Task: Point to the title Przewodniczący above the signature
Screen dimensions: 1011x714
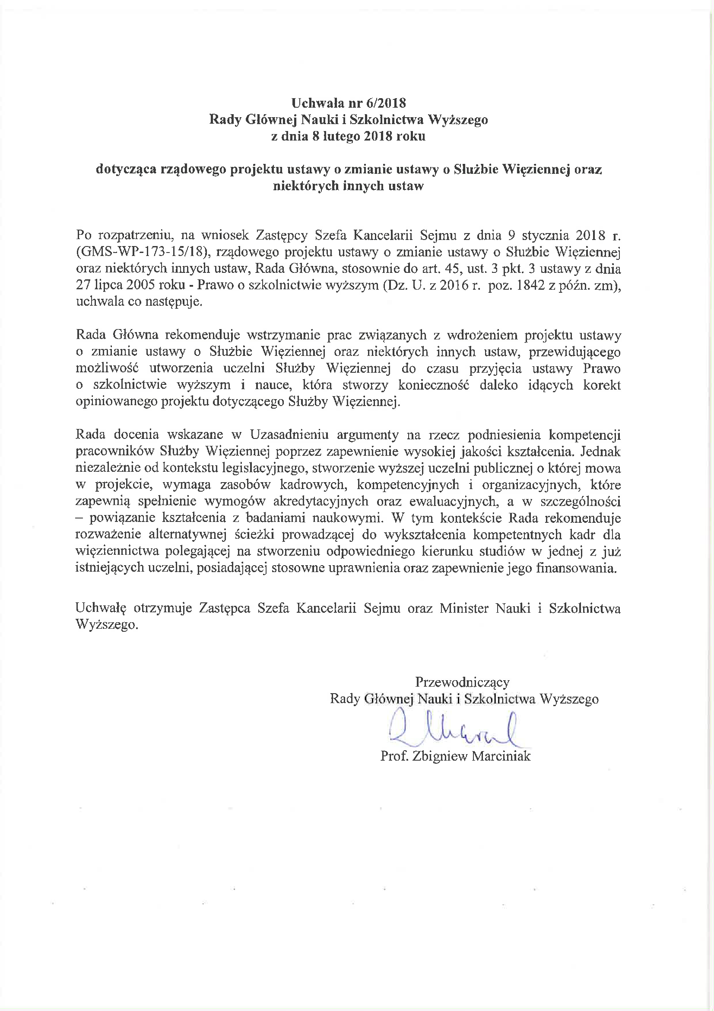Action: pos(462,682)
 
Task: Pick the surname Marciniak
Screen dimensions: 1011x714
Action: pos(501,756)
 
